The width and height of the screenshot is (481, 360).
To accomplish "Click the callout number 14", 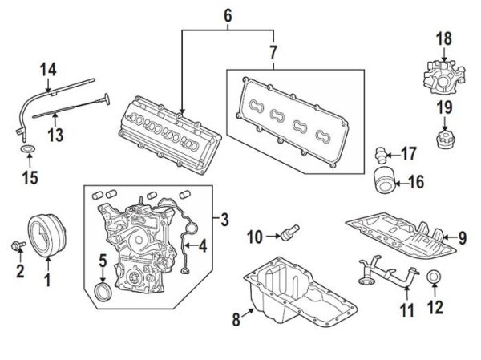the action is (x=48, y=70).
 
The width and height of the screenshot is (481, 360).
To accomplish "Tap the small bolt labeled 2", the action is (x=18, y=245).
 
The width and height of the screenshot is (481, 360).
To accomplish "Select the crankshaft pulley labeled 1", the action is (x=47, y=235).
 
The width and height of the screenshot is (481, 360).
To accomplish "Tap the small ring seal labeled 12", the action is (x=434, y=277).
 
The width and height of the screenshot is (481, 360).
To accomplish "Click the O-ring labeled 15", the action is (x=28, y=149).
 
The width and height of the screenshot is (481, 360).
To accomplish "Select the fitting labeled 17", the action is (x=380, y=155).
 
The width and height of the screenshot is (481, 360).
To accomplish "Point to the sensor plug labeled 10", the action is (x=289, y=232).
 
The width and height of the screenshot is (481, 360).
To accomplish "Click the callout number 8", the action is (x=236, y=320).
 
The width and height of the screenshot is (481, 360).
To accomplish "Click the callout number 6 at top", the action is (x=228, y=16).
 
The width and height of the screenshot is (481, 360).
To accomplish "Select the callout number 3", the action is (x=224, y=220).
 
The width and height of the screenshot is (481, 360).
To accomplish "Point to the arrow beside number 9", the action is (x=450, y=237).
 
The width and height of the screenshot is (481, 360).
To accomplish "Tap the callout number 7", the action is (x=273, y=52).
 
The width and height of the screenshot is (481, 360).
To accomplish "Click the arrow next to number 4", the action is (x=192, y=245).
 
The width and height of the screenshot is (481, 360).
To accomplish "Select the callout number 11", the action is (x=406, y=309).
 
